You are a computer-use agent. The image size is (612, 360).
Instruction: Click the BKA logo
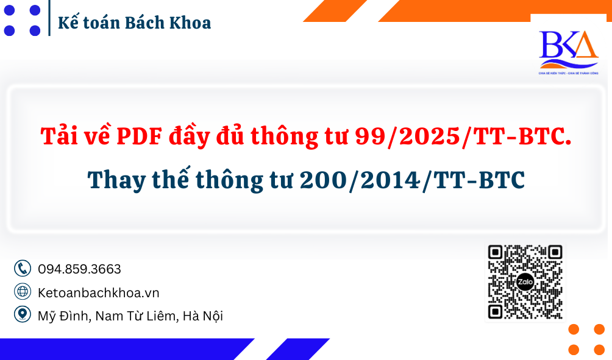click(568, 49)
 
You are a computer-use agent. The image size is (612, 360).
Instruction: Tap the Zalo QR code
click(525, 282)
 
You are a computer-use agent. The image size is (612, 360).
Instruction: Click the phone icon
click(23, 269)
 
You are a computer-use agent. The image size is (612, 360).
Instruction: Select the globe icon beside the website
click(23, 292)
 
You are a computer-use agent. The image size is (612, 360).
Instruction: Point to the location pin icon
click(23, 315)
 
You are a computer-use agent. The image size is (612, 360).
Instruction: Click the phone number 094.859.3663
click(79, 269)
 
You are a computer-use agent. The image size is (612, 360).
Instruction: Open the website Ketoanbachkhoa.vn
click(98, 292)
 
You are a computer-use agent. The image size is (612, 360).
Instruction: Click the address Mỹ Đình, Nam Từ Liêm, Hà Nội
click(130, 316)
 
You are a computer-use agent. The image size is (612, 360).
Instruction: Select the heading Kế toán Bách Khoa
click(134, 23)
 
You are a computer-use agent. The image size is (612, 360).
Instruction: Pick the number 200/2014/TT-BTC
click(412, 180)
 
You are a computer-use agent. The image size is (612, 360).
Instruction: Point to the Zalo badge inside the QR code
click(525, 283)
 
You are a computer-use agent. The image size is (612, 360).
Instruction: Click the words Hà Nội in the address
click(202, 316)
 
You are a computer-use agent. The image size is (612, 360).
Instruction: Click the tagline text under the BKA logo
click(568, 72)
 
